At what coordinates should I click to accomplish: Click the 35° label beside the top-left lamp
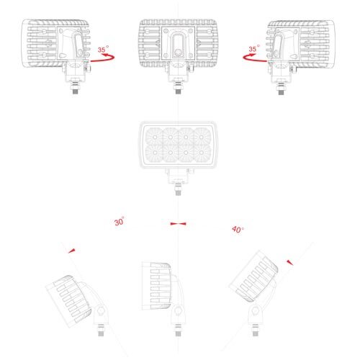[x=103, y=49]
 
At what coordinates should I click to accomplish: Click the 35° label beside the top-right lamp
[x=254, y=48]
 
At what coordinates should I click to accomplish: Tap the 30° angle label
[x=120, y=221]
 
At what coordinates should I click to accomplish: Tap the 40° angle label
[x=238, y=230]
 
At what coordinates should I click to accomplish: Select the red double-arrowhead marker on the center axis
[x=178, y=224]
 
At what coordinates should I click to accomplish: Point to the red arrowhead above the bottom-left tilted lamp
[x=72, y=251]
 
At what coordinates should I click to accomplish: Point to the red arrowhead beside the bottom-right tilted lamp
[x=290, y=263]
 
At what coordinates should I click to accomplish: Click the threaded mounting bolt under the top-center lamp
[x=178, y=87]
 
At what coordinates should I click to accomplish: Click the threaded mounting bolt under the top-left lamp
[x=76, y=87]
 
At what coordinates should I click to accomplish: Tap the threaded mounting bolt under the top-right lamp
[x=281, y=88]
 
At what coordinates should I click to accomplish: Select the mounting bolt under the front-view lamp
[x=178, y=189]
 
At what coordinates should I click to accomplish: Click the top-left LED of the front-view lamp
[x=155, y=138]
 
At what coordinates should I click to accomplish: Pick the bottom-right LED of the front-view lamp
[x=202, y=153]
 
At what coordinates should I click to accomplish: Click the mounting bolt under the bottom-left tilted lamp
[x=101, y=330]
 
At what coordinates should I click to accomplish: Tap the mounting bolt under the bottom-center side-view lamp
[x=178, y=330]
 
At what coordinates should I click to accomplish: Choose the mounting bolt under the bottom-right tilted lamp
[x=256, y=330]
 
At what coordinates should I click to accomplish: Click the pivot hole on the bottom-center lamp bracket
[x=178, y=311]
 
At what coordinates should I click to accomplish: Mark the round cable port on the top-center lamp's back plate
[x=178, y=53]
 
